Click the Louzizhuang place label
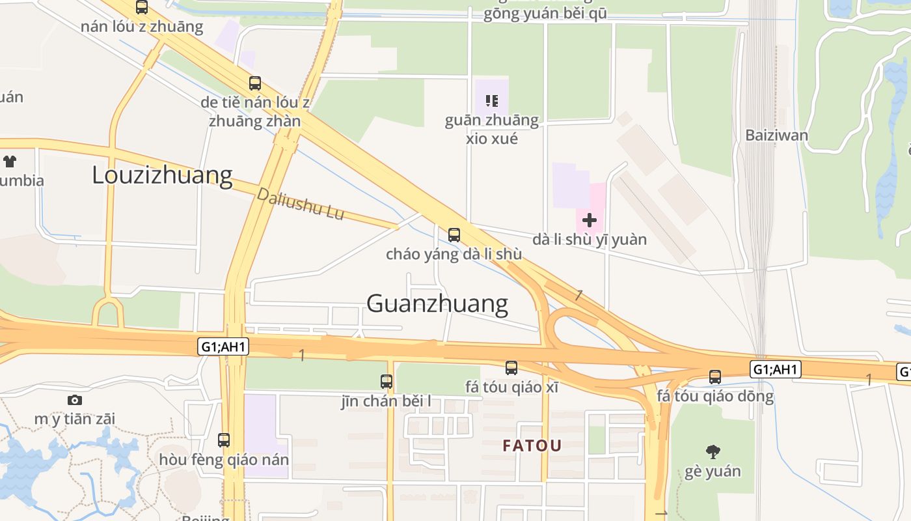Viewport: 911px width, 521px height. pos(162,175)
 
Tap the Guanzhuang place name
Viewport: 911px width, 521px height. pos(437,303)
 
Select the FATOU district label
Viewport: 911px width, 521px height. pos(532,446)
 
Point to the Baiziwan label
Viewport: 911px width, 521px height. pos(777,135)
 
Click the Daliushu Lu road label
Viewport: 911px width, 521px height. pos(301,204)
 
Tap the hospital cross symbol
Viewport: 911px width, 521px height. pos(590,220)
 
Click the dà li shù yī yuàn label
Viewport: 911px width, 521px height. pos(590,240)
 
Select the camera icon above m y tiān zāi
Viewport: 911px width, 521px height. pos(75,400)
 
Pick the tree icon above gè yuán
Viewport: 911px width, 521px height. pos(713,451)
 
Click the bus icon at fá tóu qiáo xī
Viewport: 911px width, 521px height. pos(511,368)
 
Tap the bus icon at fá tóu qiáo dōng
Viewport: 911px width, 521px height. pos(715,376)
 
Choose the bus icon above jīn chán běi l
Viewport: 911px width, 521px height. pos(387,382)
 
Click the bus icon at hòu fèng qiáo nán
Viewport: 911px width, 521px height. pos(224,440)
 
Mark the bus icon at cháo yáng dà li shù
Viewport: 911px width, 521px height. pos(454,235)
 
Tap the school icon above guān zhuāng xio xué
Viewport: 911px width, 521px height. pos(492,101)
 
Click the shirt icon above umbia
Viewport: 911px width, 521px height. pos(10,161)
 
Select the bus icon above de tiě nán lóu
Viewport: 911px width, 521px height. pos(255,83)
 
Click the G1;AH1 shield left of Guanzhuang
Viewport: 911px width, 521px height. pos(223,346)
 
